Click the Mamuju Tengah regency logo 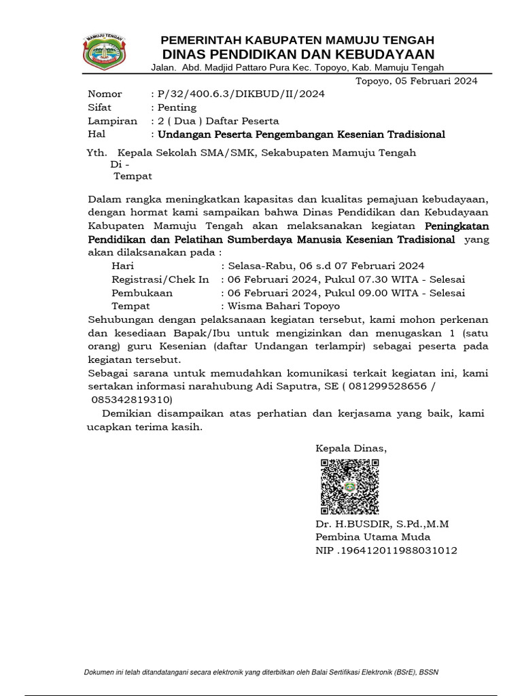[x=104, y=50]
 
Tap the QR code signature [x=349, y=487]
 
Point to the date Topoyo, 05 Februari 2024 [x=417, y=81]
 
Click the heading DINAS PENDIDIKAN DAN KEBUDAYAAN [x=298, y=54]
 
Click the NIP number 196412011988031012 [x=398, y=551]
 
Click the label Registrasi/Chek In [x=160, y=279]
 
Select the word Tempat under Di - [x=133, y=176]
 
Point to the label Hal [x=97, y=135]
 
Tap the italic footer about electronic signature [x=261, y=672]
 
